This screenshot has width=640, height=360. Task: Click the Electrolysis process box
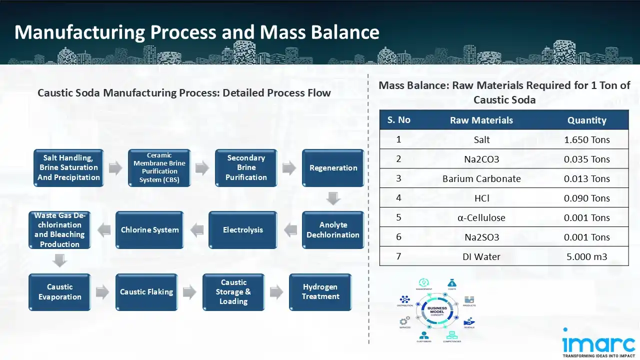pyautogui.click(x=242, y=230)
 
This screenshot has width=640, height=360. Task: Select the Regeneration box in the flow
pyautogui.click(x=333, y=168)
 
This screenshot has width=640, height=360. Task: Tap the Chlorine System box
pyautogui.click(x=149, y=230)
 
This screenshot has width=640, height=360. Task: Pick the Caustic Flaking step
pyautogui.click(x=146, y=292)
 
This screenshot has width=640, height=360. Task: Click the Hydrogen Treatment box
pyautogui.click(x=320, y=292)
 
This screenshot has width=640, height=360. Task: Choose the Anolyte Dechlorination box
pyautogui.click(x=333, y=230)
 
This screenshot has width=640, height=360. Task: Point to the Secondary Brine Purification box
pyautogui.click(x=246, y=168)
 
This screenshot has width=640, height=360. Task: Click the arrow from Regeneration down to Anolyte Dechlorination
pyautogui.click(x=333, y=198)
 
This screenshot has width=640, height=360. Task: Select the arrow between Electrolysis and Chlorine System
pyautogui.click(x=196, y=230)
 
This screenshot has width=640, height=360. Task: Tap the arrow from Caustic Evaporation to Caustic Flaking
pyautogui.click(x=102, y=292)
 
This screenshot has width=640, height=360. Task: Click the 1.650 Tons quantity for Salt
pyautogui.click(x=586, y=140)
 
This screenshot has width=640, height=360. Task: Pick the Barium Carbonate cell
pyautogui.click(x=481, y=179)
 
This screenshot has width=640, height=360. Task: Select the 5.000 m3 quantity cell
pyautogui.click(x=586, y=257)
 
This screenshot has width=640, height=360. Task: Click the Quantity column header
pyautogui.click(x=586, y=120)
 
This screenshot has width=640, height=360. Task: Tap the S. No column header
pyautogui.click(x=398, y=120)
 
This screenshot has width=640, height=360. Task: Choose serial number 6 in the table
pyautogui.click(x=398, y=237)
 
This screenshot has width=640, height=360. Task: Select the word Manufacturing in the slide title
pyautogui.click(x=79, y=32)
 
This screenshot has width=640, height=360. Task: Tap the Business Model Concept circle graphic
pyautogui.click(x=432, y=310)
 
